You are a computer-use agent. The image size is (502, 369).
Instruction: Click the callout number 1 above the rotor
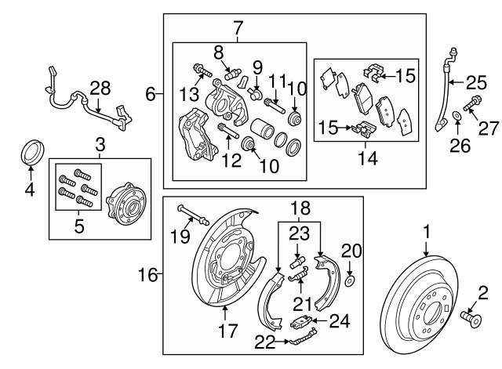click(427, 232)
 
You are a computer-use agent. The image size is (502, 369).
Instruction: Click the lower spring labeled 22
click(296, 338)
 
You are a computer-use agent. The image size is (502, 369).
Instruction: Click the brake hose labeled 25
click(444, 94)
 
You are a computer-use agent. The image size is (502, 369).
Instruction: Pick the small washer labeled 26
click(457, 121)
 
